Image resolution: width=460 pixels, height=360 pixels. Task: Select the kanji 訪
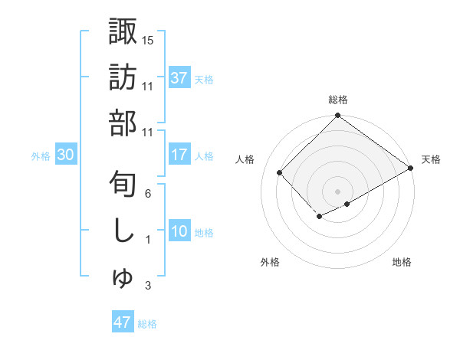click(123, 77)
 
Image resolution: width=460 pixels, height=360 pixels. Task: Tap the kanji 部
click(123, 123)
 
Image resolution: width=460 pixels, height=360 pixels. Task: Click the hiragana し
click(123, 231)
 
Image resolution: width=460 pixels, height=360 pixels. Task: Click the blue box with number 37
click(179, 77)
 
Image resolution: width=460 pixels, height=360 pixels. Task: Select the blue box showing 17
click(179, 155)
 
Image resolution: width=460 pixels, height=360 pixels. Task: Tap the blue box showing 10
click(179, 231)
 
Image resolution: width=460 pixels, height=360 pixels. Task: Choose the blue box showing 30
click(66, 155)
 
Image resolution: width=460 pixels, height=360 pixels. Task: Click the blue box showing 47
click(123, 322)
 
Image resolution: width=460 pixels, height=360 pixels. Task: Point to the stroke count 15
click(148, 40)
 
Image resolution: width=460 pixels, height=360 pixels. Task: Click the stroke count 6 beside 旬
click(148, 194)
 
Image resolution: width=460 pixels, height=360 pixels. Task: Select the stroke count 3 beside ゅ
click(148, 286)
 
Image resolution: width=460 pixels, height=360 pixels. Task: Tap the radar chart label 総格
click(337, 100)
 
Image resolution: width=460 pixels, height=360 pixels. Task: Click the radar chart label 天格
click(431, 159)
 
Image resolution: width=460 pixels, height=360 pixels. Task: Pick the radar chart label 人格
click(246, 159)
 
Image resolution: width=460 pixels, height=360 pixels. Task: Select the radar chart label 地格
click(402, 262)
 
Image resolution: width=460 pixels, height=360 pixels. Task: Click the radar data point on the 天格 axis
click(411, 168)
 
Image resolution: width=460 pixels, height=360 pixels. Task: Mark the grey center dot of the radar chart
click(337, 191)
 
